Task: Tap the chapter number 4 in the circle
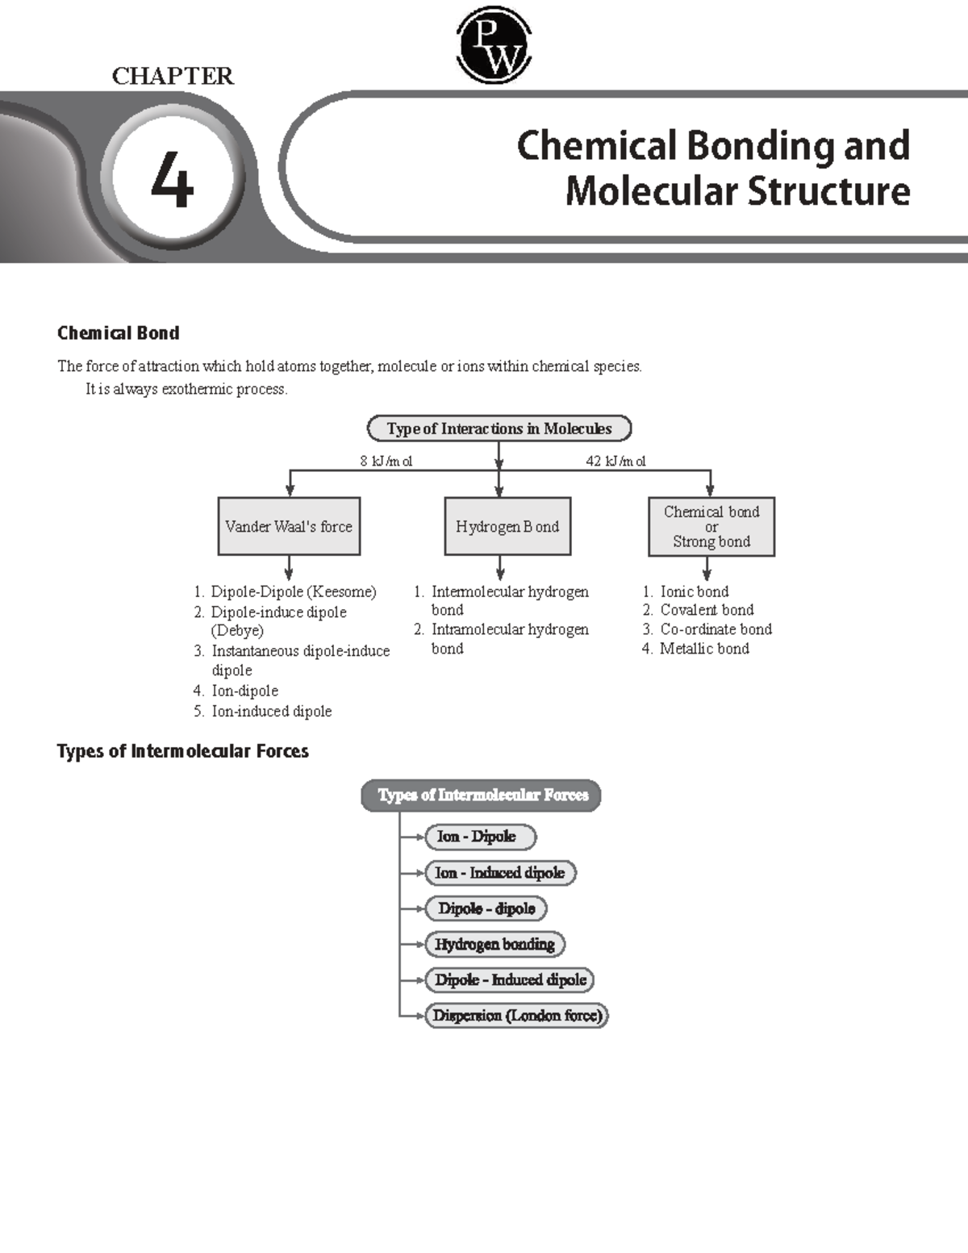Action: click(173, 181)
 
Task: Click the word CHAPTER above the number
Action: click(173, 76)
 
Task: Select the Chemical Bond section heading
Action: click(118, 333)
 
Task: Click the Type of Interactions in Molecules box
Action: click(499, 428)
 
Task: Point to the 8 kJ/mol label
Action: click(386, 462)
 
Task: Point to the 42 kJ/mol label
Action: click(615, 462)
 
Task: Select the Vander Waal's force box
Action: click(289, 527)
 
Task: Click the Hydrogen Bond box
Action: click(507, 527)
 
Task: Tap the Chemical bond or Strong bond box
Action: click(711, 527)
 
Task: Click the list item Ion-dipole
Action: click(244, 691)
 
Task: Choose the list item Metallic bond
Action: click(704, 649)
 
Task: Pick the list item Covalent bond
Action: click(707, 610)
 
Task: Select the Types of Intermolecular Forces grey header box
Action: click(482, 796)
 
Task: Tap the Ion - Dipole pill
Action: click(480, 837)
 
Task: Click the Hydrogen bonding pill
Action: click(494, 944)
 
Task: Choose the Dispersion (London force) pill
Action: click(516, 1016)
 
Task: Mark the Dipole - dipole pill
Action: click(486, 908)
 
